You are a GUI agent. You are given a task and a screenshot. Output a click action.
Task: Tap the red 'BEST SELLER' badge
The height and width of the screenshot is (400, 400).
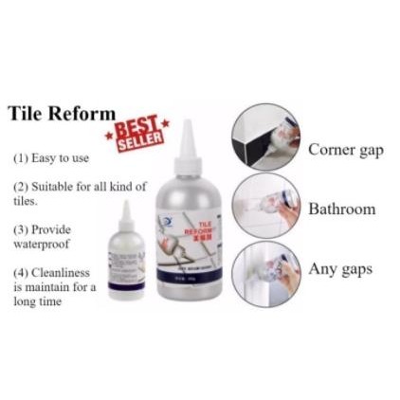pyautogui.click(x=137, y=133)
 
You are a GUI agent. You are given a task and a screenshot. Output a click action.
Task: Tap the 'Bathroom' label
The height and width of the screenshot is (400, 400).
pyautogui.click(x=342, y=209)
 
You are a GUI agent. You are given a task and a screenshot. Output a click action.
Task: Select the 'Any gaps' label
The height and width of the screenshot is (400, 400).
pyautogui.click(x=340, y=269)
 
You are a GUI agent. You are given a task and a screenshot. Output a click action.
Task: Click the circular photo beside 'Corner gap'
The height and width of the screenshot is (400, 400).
pyautogui.click(x=265, y=137)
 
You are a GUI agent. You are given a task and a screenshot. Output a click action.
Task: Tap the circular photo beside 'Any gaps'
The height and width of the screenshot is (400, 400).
pyautogui.click(x=265, y=271)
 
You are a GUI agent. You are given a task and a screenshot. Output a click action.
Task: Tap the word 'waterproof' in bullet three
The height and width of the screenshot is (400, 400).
pyautogui.click(x=36, y=244)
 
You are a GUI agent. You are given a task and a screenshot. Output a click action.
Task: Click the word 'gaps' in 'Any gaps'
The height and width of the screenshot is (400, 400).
pyautogui.click(x=355, y=270)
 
